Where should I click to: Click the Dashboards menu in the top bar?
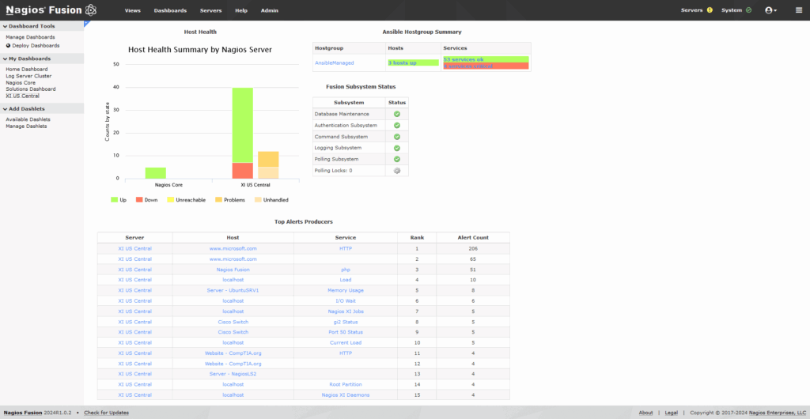pos(170,10)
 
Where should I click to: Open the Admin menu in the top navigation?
pos(269,10)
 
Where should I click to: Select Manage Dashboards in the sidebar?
pos(30,37)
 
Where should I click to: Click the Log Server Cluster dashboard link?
pos(28,76)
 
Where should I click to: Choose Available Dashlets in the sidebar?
pos(28,119)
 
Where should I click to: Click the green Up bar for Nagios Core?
pos(156,173)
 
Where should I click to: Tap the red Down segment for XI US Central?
pos(243,171)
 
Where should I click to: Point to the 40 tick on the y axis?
pos(116,88)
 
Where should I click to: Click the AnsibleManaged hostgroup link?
pos(335,62)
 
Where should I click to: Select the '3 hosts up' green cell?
pos(412,62)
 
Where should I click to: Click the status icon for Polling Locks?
pos(397,171)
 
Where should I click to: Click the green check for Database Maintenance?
pos(397,115)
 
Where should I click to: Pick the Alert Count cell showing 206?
pos(473,248)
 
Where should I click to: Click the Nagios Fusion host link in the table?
pos(233,270)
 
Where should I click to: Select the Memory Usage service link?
pos(345,290)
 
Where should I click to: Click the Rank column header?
pos(416,237)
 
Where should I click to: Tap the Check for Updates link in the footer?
pos(106,413)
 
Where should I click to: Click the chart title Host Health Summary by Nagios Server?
pos(200,49)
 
